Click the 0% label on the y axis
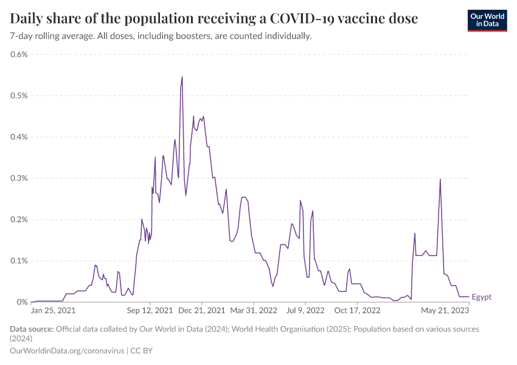pyautogui.click(x=23, y=302)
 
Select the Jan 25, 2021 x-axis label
pyautogui.click(x=54, y=310)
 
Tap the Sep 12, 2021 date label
pyautogui.click(x=151, y=310)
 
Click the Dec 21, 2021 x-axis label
pyautogui.click(x=203, y=310)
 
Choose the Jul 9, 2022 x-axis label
pyautogui.click(x=305, y=310)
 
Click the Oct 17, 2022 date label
pyautogui.click(x=357, y=310)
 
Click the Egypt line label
pyautogui.click(x=482, y=297)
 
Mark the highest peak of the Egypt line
pyautogui.click(x=182, y=77)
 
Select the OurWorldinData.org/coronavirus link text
pyautogui.click(x=68, y=351)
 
